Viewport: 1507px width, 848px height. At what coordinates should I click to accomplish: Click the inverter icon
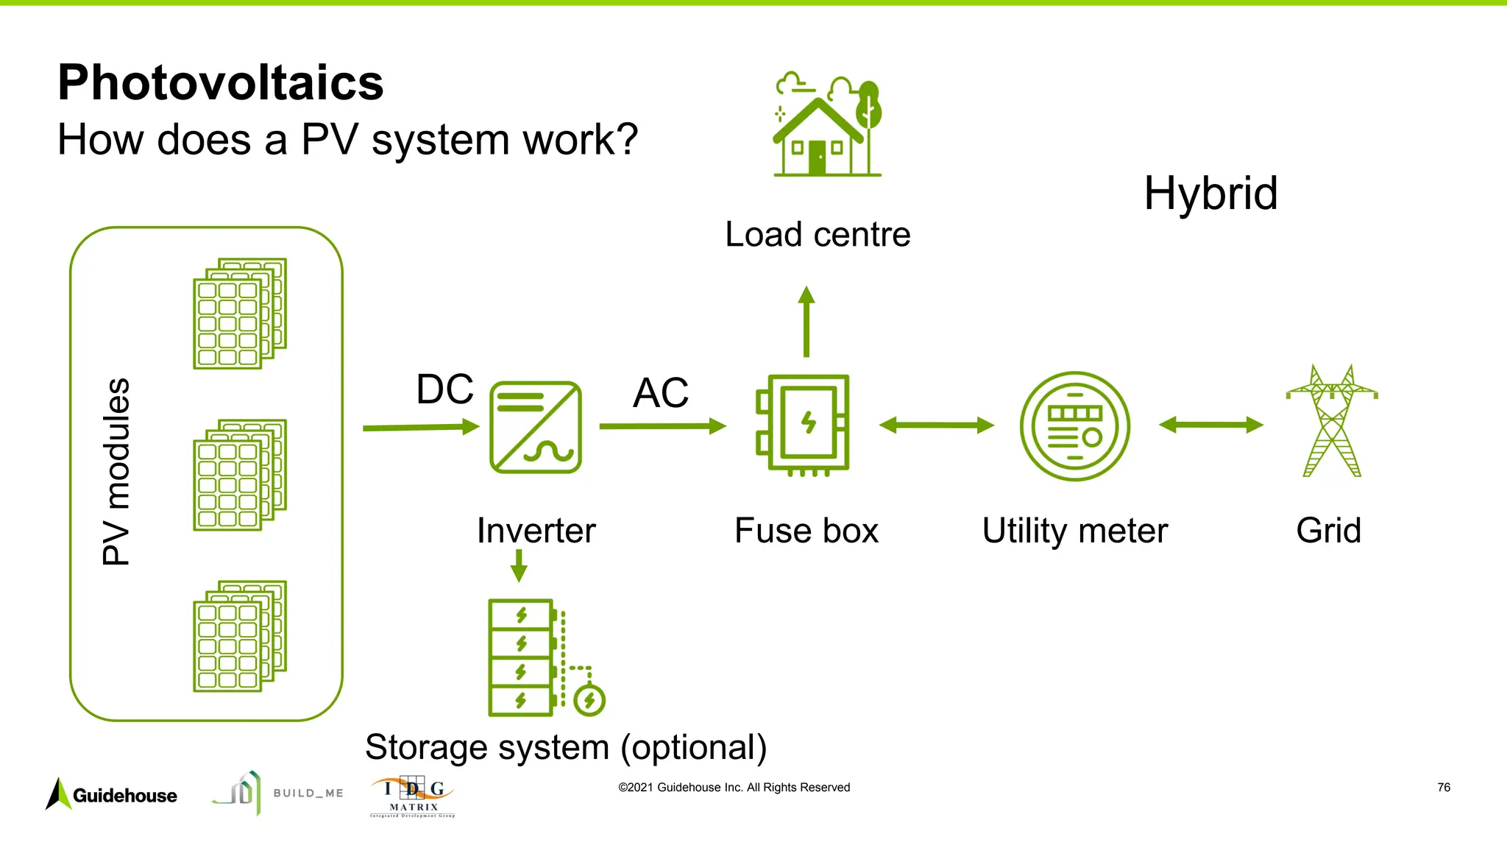536,427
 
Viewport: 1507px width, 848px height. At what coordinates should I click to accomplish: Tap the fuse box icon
804,424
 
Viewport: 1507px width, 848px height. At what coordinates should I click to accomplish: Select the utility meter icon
1075,426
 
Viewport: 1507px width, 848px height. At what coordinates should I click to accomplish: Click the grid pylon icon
1332,421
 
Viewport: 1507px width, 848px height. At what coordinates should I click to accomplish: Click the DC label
444,389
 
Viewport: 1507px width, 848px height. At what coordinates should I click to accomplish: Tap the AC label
661,392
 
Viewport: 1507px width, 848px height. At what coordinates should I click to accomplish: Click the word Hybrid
1210,194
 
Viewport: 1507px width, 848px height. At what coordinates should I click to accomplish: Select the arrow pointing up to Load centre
806,322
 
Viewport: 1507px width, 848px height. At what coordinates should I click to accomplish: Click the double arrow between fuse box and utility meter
936,425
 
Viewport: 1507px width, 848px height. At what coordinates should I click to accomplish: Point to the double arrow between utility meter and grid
1210,425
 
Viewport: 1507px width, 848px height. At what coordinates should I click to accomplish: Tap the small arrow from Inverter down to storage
519,565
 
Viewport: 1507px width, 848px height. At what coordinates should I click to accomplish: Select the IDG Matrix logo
413,796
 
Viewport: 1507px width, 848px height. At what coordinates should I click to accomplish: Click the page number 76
1444,788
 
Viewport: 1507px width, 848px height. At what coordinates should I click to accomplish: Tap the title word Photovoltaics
221,82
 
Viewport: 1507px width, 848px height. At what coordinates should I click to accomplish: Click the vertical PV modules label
116,472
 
